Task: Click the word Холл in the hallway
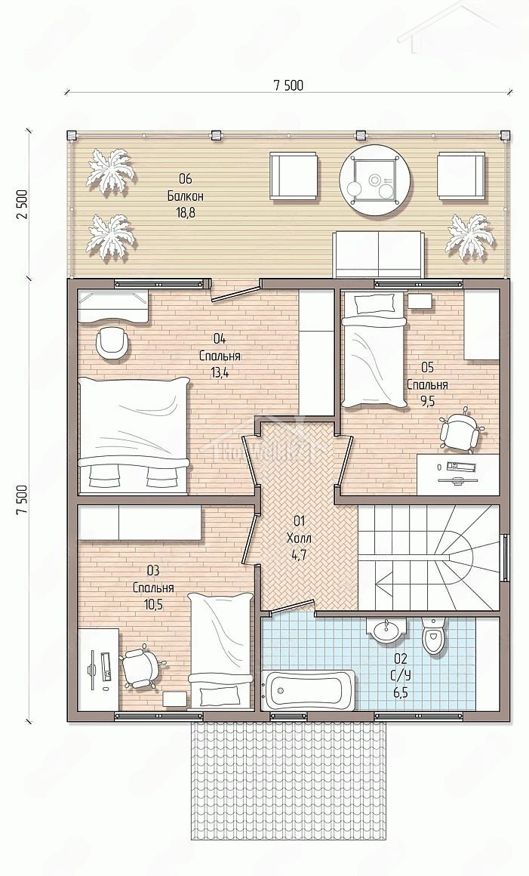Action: point(299,538)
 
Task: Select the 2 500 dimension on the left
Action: point(22,205)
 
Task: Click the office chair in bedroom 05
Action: point(462,430)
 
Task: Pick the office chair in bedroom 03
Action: point(141,667)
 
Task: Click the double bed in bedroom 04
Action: point(133,435)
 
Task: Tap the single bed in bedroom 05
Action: point(373,350)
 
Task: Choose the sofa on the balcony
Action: point(377,254)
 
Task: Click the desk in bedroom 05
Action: point(458,474)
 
